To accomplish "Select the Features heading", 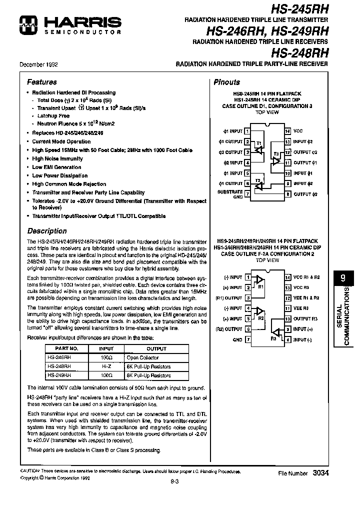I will click(41, 82).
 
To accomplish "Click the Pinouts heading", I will click(226, 82).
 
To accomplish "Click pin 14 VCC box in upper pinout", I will click(287, 131).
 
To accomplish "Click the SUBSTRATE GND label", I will click(230, 194).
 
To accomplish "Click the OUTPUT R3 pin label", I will click(305, 319).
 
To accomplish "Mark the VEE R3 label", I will click(301, 308).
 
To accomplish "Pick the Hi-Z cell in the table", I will click(106, 366).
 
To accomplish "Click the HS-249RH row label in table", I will click(59, 375).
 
